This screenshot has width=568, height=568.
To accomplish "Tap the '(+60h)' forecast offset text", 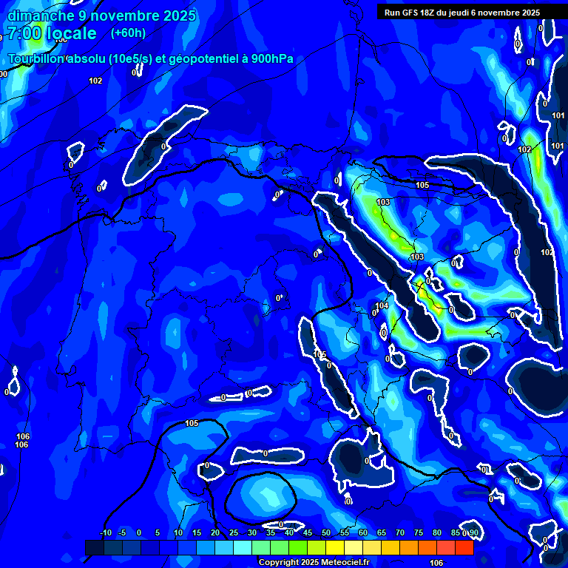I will tap(128, 33).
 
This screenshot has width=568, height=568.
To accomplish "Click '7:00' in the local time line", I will tap(24, 33).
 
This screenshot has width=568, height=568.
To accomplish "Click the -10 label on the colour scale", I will tap(106, 532).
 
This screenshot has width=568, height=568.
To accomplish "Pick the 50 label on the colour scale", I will tap(326, 532).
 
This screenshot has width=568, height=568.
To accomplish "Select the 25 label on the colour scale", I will tap(234, 532).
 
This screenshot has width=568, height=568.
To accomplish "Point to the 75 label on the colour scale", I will tap(419, 532).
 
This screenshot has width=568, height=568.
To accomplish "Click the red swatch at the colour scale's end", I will tap(464, 547).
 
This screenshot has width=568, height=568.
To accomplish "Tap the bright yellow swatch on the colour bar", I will tap(334, 547).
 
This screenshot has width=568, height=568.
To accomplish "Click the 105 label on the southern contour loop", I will tap(192, 423).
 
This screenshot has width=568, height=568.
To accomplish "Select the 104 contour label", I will tap(382, 305).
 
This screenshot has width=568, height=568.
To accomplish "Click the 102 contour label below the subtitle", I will tap(95, 81).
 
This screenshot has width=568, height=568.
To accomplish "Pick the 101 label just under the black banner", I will tap(558, 115).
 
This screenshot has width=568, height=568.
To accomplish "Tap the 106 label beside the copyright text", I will tap(436, 563).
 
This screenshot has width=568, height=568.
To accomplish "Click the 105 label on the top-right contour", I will tap(422, 185).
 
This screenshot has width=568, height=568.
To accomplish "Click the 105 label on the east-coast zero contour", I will tap(319, 355).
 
